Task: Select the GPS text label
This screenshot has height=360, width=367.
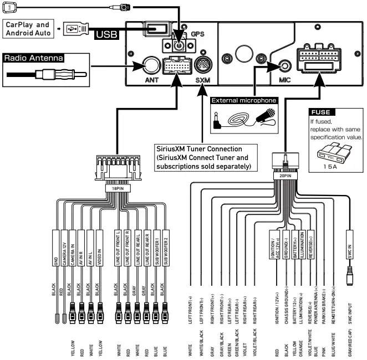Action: point(197,34)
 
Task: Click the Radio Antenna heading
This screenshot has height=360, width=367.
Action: point(34,57)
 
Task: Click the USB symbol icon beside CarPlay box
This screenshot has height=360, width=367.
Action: point(73,29)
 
